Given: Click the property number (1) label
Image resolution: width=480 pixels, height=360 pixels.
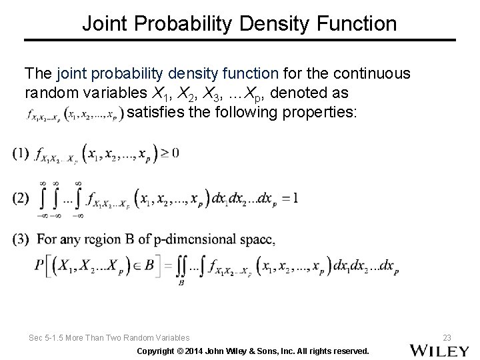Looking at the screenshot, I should pos(21,153).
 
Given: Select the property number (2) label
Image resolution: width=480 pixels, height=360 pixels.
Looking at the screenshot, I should pos(21,198).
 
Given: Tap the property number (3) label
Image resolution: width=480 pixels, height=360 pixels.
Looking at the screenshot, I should pos(21,239).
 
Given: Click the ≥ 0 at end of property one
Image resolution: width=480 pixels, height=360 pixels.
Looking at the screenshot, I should pos(171,153).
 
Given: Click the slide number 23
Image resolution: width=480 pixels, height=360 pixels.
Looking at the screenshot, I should pos(447,338).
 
